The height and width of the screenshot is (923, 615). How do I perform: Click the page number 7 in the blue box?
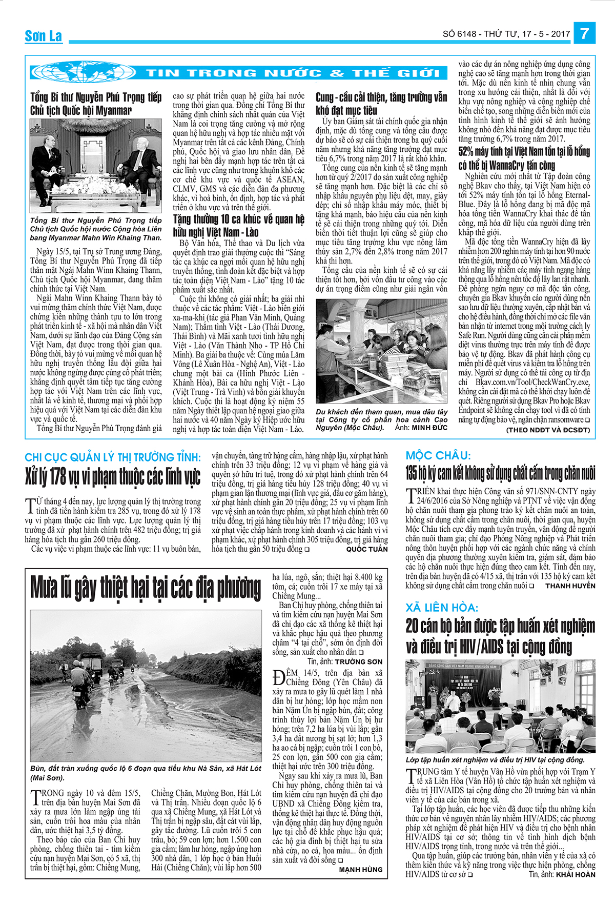point(585,34)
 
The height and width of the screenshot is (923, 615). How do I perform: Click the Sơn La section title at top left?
point(44,36)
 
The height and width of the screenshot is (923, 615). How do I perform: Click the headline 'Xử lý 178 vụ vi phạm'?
point(113,477)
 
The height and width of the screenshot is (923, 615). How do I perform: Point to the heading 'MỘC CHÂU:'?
point(438,455)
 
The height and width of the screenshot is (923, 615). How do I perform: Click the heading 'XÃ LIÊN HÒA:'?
point(442,608)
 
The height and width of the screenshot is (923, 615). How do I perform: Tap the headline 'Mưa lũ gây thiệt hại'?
point(146,588)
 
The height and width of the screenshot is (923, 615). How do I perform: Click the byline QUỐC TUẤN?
point(367,549)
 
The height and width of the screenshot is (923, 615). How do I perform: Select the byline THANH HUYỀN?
point(570,586)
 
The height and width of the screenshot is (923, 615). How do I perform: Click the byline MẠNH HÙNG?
point(361,869)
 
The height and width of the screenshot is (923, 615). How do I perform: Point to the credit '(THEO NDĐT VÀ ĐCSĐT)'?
point(548,430)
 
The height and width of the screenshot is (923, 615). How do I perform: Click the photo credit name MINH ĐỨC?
point(429,427)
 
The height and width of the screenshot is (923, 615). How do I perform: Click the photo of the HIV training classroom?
point(500,706)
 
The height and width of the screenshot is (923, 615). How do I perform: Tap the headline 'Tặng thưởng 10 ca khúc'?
point(239,226)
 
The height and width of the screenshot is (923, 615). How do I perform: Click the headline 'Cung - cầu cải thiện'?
point(381,104)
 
